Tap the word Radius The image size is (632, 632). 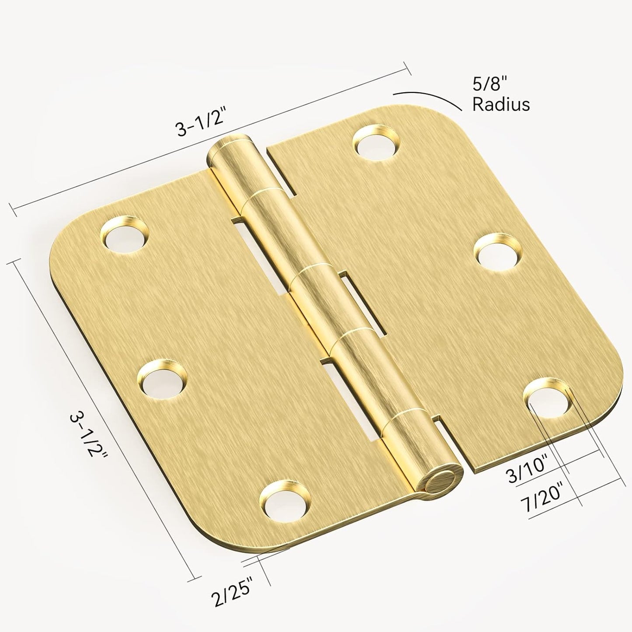coord(501,105)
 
